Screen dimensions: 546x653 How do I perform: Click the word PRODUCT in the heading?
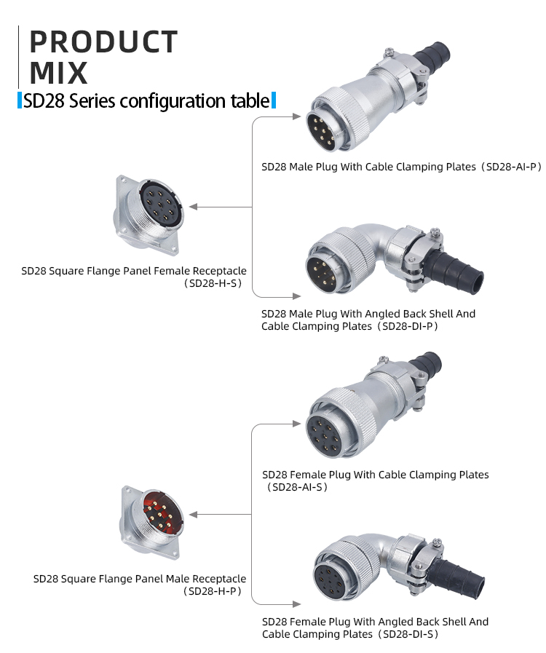click(103, 41)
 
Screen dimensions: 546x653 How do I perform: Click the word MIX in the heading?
click(59, 73)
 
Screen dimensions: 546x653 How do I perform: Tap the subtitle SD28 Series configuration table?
click(146, 100)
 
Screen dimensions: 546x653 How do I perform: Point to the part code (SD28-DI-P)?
click(407, 326)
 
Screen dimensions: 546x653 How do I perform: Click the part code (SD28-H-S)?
click(213, 283)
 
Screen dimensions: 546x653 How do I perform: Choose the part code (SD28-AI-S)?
click(297, 487)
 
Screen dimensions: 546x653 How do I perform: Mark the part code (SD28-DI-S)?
click(408, 634)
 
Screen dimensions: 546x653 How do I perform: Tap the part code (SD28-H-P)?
click(213, 591)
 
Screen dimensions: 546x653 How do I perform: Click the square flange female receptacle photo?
click(147, 214)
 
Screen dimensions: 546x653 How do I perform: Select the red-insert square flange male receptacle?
click(152, 523)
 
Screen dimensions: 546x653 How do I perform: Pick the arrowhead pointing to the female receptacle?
click(193, 207)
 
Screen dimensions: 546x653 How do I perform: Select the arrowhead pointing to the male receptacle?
click(193, 515)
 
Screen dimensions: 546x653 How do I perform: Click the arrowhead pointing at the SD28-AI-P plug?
click(296, 116)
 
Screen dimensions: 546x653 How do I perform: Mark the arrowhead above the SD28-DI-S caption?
click(296, 603)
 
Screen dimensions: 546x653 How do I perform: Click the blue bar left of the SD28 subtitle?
click(20, 100)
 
